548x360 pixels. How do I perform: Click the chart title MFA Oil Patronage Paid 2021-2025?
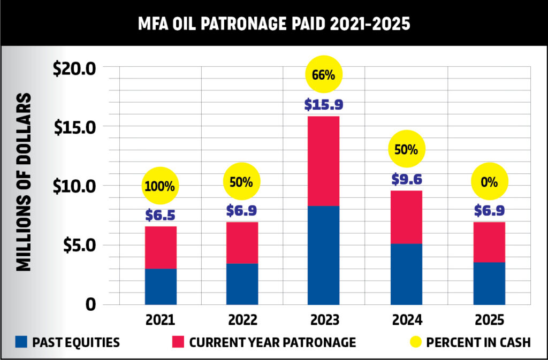click(x=274, y=24)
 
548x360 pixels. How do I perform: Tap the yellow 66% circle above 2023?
click(x=323, y=75)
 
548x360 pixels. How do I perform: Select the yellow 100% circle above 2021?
click(x=160, y=187)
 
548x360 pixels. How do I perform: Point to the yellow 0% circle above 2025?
click(x=489, y=181)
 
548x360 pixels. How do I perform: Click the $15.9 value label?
click(x=323, y=104)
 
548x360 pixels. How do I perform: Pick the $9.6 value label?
click(x=406, y=179)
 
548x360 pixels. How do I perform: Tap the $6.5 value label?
click(x=160, y=215)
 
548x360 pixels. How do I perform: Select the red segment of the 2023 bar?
click(x=323, y=161)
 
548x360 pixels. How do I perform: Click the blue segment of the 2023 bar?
click(x=323, y=255)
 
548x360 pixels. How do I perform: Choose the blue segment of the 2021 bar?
click(x=161, y=286)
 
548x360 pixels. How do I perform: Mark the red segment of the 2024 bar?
click(x=406, y=217)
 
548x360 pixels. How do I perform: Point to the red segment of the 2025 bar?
click(x=489, y=242)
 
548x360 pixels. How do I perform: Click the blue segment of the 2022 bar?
click(x=242, y=284)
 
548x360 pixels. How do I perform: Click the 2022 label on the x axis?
click(x=242, y=320)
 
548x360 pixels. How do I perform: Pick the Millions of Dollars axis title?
click(x=23, y=182)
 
